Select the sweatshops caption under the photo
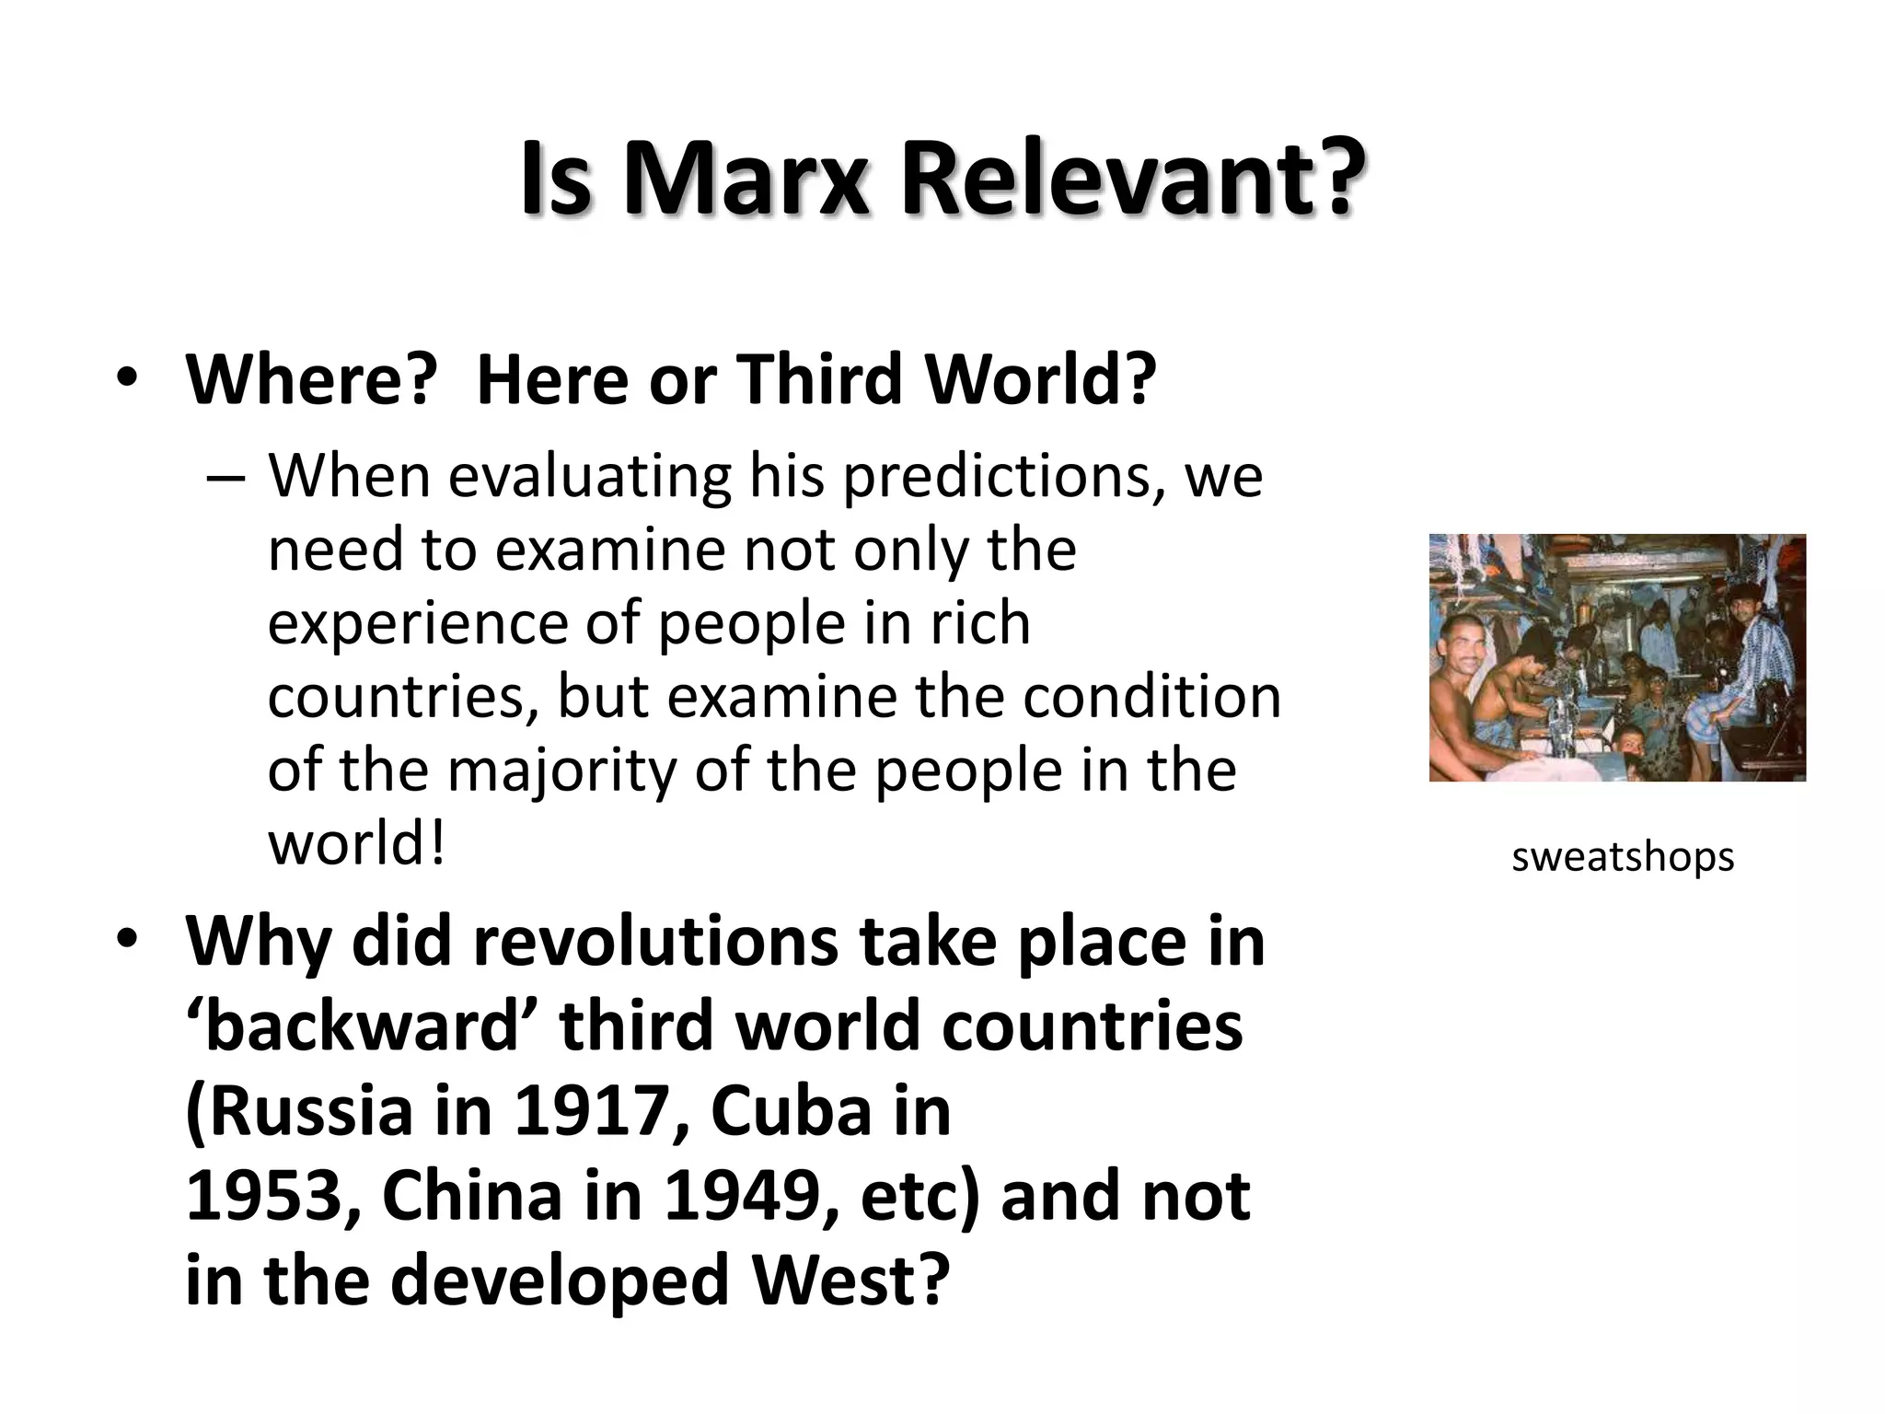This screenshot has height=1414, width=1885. point(1623,857)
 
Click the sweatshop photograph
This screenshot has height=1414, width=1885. point(1617,657)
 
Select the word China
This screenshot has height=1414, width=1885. point(471,1196)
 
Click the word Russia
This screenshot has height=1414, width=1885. point(300,1111)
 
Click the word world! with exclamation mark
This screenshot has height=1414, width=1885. point(357,844)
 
